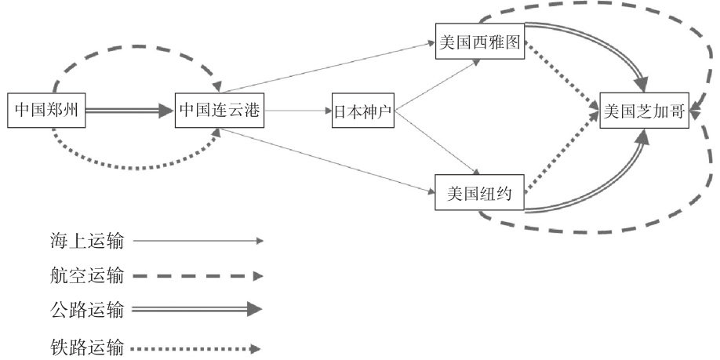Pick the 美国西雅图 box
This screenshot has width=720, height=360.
point(479,42)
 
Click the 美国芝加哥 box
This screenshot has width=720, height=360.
point(644,112)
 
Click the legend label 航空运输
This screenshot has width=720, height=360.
point(85,276)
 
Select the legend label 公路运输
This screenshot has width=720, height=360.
point(85,310)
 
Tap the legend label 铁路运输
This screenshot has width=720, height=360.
point(85,345)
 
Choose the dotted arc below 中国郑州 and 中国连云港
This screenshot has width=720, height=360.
point(133,167)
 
